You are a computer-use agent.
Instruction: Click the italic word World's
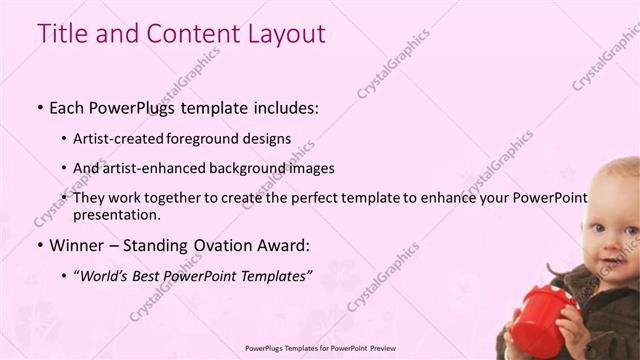coord(106,274)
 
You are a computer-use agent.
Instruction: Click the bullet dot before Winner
coord(39,245)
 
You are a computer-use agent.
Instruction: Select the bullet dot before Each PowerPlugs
coord(39,106)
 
